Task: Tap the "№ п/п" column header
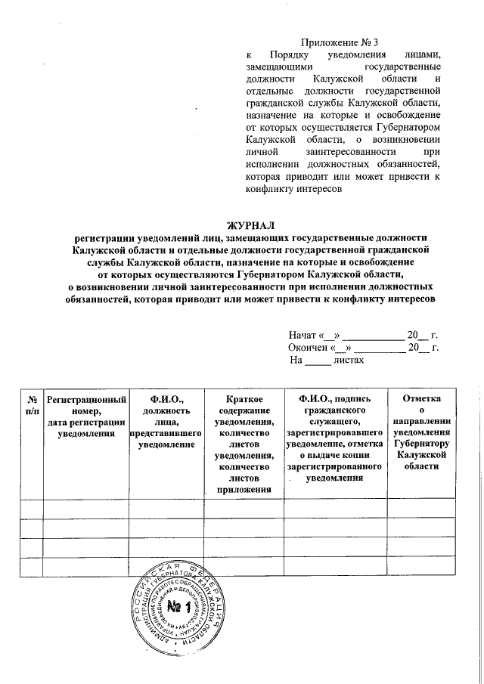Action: (32, 403)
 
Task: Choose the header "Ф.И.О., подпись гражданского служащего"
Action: (334, 438)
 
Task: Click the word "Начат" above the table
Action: (302, 335)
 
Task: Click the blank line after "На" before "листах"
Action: (318, 361)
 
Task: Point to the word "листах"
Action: (349, 361)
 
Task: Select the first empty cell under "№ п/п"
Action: (32, 509)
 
